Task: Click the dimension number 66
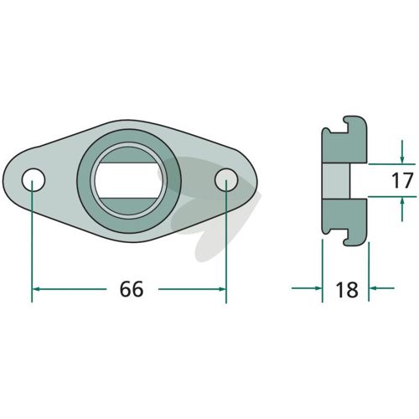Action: pyautogui.click(x=132, y=289)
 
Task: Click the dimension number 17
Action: pyautogui.click(x=402, y=180)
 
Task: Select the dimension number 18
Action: pyautogui.click(x=347, y=290)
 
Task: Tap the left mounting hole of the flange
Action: pyautogui.click(x=34, y=179)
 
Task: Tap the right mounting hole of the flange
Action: pyautogui.click(x=226, y=179)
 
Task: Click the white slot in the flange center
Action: pyautogui.click(x=128, y=180)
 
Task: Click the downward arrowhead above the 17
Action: pyautogui.click(x=402, y=159)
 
